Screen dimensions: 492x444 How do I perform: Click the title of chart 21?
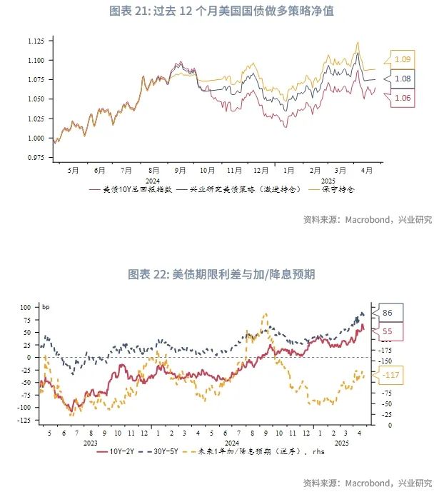tap(221, 11)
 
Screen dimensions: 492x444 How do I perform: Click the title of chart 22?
tap(221, 274)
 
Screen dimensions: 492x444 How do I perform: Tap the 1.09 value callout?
tap(403, 59)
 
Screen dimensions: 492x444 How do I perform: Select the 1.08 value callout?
tap(403, 79)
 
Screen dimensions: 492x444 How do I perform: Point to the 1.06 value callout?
tap(403, 99)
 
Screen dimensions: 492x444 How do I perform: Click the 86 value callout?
tap(388, 313)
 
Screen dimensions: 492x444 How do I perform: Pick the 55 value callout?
tap(388, 332)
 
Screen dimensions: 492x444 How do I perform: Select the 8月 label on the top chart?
tap(153, 171)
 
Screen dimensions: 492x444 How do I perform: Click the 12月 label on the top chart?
tap(261, 171)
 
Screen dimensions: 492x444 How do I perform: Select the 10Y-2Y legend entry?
tap(114, 452)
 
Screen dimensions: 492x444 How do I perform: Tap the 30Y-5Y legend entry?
tap(163, 452)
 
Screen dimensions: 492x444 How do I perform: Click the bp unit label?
tap(46, 308)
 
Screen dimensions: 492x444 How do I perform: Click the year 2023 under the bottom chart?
tap(91, 442)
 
